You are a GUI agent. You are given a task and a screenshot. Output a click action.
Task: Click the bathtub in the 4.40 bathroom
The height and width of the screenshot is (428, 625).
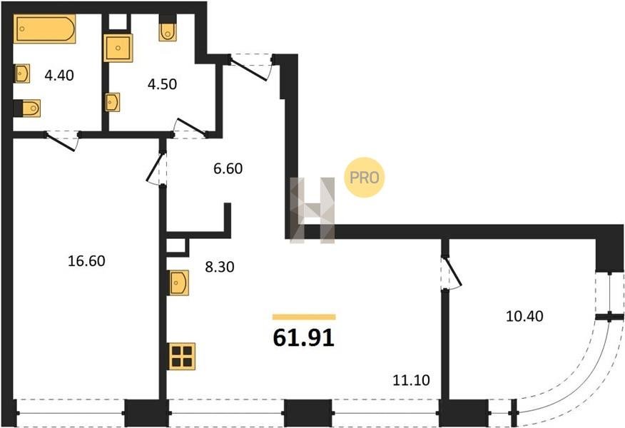(44, 29)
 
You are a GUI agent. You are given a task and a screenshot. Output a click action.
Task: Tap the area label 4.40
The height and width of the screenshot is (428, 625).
(59, 75)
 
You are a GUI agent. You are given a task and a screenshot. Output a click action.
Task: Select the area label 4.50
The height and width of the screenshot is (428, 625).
(162, 84)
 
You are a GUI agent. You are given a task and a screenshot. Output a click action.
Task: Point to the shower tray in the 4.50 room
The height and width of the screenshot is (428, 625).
(118, 48)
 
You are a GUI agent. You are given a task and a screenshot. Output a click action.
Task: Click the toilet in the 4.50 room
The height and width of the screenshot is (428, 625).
(168, 29)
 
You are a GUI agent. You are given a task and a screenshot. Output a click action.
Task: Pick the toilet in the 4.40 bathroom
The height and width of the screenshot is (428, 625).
(27, 108)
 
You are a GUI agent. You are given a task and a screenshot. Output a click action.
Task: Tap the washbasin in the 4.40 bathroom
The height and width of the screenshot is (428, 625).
(22, 73)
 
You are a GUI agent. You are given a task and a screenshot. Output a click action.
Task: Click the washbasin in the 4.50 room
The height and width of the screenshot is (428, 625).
(113, 102)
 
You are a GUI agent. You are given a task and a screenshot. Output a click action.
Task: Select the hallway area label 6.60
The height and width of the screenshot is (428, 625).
(228, 168)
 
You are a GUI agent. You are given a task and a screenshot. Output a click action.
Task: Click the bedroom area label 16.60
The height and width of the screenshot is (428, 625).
(86, 261)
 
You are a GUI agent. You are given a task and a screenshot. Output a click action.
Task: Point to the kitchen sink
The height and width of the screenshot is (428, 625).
(178, 283)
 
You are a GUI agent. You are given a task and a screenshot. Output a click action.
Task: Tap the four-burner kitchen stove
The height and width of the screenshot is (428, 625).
(182, 356)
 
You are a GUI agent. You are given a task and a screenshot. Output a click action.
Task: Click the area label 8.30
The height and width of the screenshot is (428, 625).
(220, 267)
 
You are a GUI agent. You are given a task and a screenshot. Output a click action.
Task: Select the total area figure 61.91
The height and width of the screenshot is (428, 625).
(304, 338)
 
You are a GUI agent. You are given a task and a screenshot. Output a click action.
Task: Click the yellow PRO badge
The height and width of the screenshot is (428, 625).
(364, 178)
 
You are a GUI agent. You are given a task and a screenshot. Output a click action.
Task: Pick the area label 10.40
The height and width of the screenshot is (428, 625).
(524, 316)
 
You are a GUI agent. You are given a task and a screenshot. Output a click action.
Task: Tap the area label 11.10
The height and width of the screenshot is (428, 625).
(412, 380)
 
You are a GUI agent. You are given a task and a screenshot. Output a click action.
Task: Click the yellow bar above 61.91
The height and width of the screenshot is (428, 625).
(304, 317)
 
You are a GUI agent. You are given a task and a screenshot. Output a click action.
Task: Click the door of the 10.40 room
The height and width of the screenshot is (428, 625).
(451, 272)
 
